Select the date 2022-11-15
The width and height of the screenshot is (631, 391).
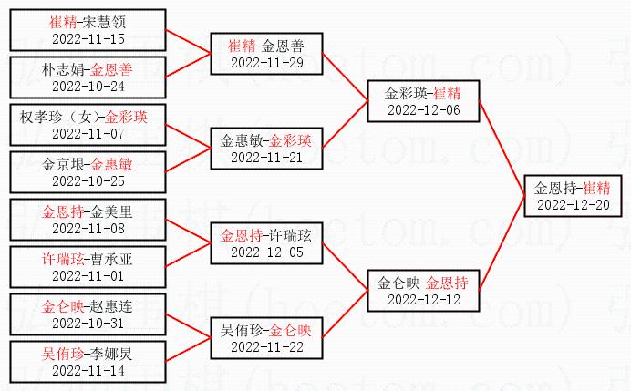88,39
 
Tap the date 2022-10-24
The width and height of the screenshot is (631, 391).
88,87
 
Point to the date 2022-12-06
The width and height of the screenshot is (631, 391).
423,109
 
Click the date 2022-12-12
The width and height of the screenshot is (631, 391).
423,299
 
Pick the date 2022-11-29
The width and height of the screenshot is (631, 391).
267,62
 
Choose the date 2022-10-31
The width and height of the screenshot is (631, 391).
88,323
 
